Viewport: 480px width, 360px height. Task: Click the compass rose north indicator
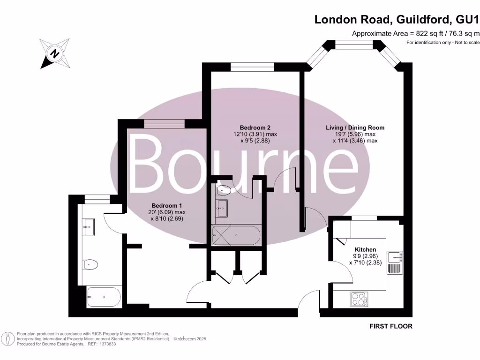pyautogui.click(x=55, y=53)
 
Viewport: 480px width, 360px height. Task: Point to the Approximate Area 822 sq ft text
pyautogui.click(x=415, y=33)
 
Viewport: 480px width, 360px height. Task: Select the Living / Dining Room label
pyautogui.click(x=355, y=127)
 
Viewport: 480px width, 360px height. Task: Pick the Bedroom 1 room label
pyautogui.click(x=166, y=205)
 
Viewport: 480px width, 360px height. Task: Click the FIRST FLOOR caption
pyautogui.click(x=391, y=326)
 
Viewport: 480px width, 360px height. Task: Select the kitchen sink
pyautogui.click(x=394, y=257)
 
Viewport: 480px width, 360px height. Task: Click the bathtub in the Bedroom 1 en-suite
pyautogui.click(x=104, y=296)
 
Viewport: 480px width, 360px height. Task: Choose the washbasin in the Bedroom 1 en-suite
pyautogui.click(x=89, y=228)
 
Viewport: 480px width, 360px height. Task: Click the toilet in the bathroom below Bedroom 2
pyautogui.click(x=224, y=190)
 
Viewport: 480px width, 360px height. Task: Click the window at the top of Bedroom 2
pyautogui.click(x=252, y=67)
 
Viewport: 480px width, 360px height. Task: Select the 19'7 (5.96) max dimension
pyautogui.click(x=355, y=134)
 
